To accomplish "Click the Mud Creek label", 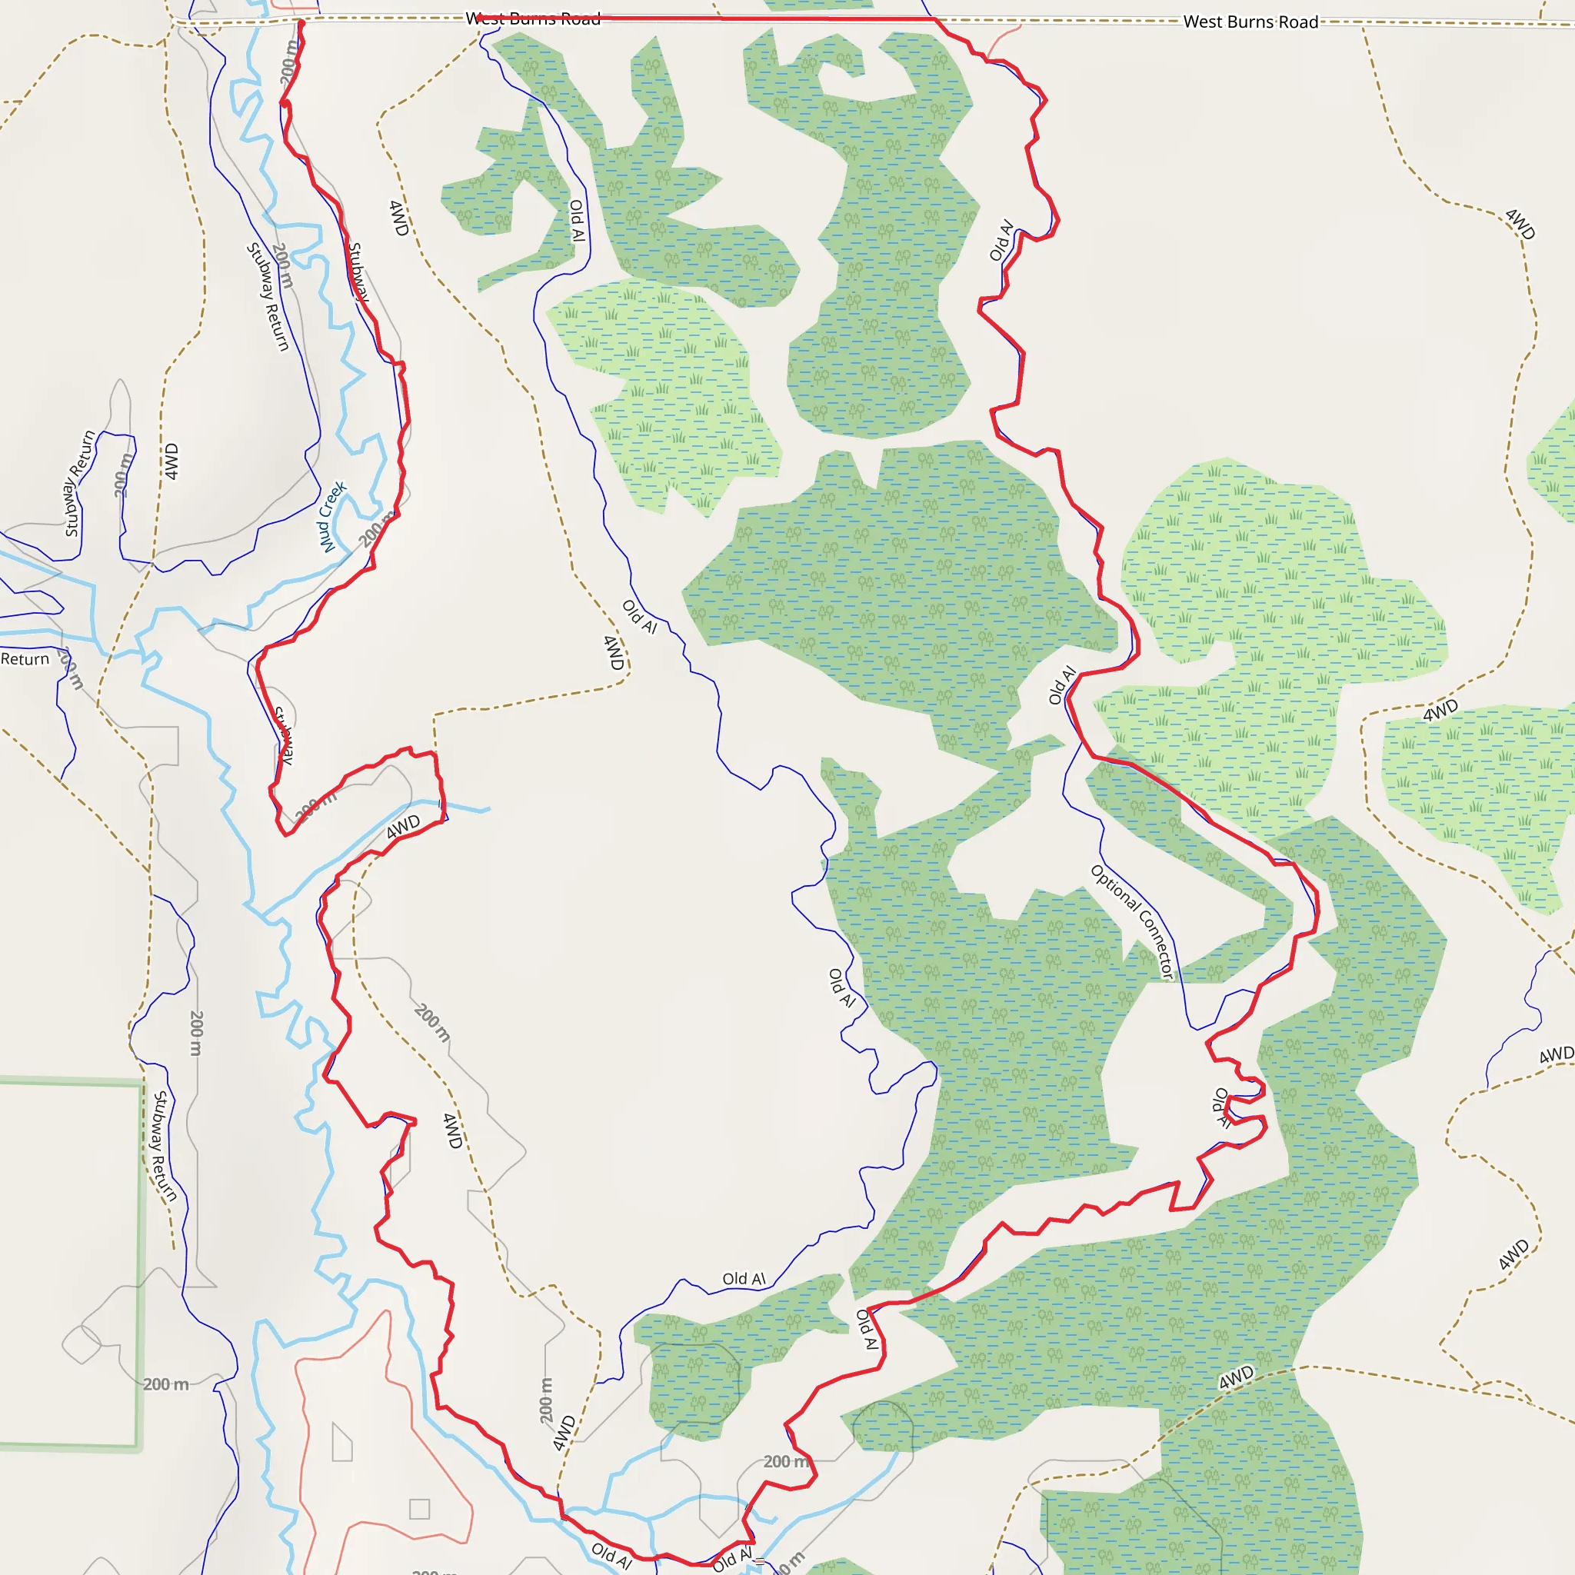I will pyautogui.click(x=331, y=517).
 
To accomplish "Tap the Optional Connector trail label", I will pyautogui.click(x=1133, y=921).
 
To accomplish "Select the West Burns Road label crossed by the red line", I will pyautogui.click(x=533, y=18).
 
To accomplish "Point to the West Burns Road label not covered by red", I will pyautogui.click(x=1250, y=22).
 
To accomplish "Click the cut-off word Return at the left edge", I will pyautogui.click(x=25, y=659).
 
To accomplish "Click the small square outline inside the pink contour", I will pyautogui.click(x=420, y=1509).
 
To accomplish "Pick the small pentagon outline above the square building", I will pyautogui.click(x=342, y=1442).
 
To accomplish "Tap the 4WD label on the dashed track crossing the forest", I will pyautogui.click(x=1237, y=1377).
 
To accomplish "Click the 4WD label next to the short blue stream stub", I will pyautogui.click(x=403, y=827).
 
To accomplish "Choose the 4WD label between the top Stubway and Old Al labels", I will pyautogui.click(x=398, y=218).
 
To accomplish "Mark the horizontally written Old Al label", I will pyautogui.click(x=744, y=1278).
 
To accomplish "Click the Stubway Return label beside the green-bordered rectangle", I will pyautogui.click(x=164, y=1146).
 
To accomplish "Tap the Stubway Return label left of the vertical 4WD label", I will pyautogui.click(x=79, y=484).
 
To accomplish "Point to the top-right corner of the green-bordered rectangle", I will pyautogui.click(x=140, y=1083).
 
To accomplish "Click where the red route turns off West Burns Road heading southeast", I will pyautogui.click(x=936, y=18).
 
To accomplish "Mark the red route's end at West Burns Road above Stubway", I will pyautogui.click(x=301, y=22).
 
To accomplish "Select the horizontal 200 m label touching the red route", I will pyautogui.click(x=787, y=1462).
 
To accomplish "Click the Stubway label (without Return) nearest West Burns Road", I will pyautogui.click(x=358, y=272).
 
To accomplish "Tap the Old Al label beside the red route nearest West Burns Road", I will pyautogui.click(x=1001, y=240).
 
